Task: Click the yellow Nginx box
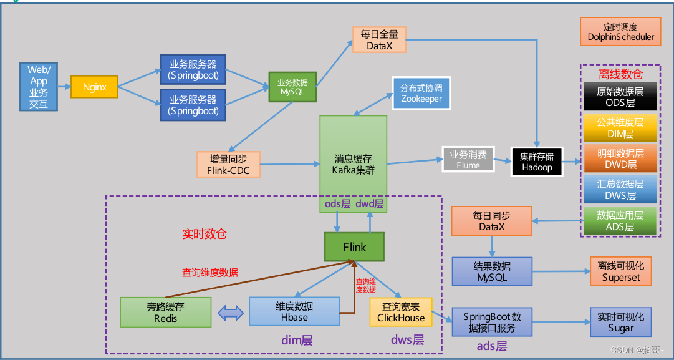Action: [x=94, y=87]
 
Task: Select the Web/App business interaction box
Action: [x=39, y=87]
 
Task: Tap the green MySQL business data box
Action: [x=292, y=87]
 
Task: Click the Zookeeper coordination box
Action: [x=421, y=93]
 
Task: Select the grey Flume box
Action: [x=468, y=160]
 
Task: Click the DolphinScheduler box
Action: [x=621, y=32]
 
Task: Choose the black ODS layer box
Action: [x=620, y=97]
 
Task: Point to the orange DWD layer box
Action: [x=620, y=158]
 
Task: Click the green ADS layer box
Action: [x=620, y=220]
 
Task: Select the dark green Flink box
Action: [x=354, y=247]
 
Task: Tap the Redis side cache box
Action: [x=166, y=312]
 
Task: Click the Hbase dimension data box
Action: [x=294, y=311]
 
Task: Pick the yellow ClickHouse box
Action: [x=401, y=311]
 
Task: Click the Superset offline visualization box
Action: [x=621, y=271]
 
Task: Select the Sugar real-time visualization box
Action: [x=621, y=322]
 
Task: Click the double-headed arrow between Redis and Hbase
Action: [x=230, y=313]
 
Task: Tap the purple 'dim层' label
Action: [x=297, y=341]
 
